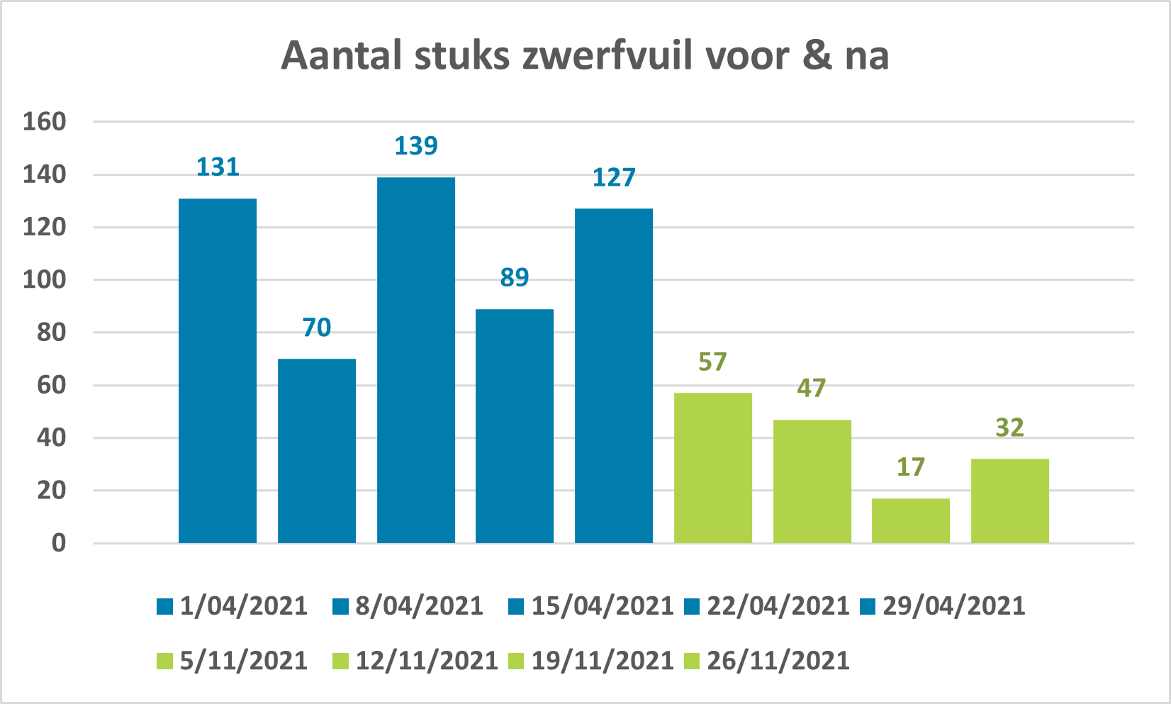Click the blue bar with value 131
(x=218, y=371)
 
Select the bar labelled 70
(x=317, y=451)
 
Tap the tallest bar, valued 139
(x=416, y=360)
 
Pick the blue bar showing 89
(x=515, y=426)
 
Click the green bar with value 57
(x=713, y=468)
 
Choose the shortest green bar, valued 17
(x=911, y=521)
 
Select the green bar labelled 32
(x=1010, y=501)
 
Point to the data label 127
(x=614, y=177)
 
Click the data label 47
(x=812, y=388)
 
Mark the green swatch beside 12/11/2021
(x=340, y=661)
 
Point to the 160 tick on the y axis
(x=44, y=122)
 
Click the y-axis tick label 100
(x=44, y=280)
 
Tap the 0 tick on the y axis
(x=58, y=544)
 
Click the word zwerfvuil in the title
(x=607, y=56)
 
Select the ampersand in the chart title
(x=817, y=56)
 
